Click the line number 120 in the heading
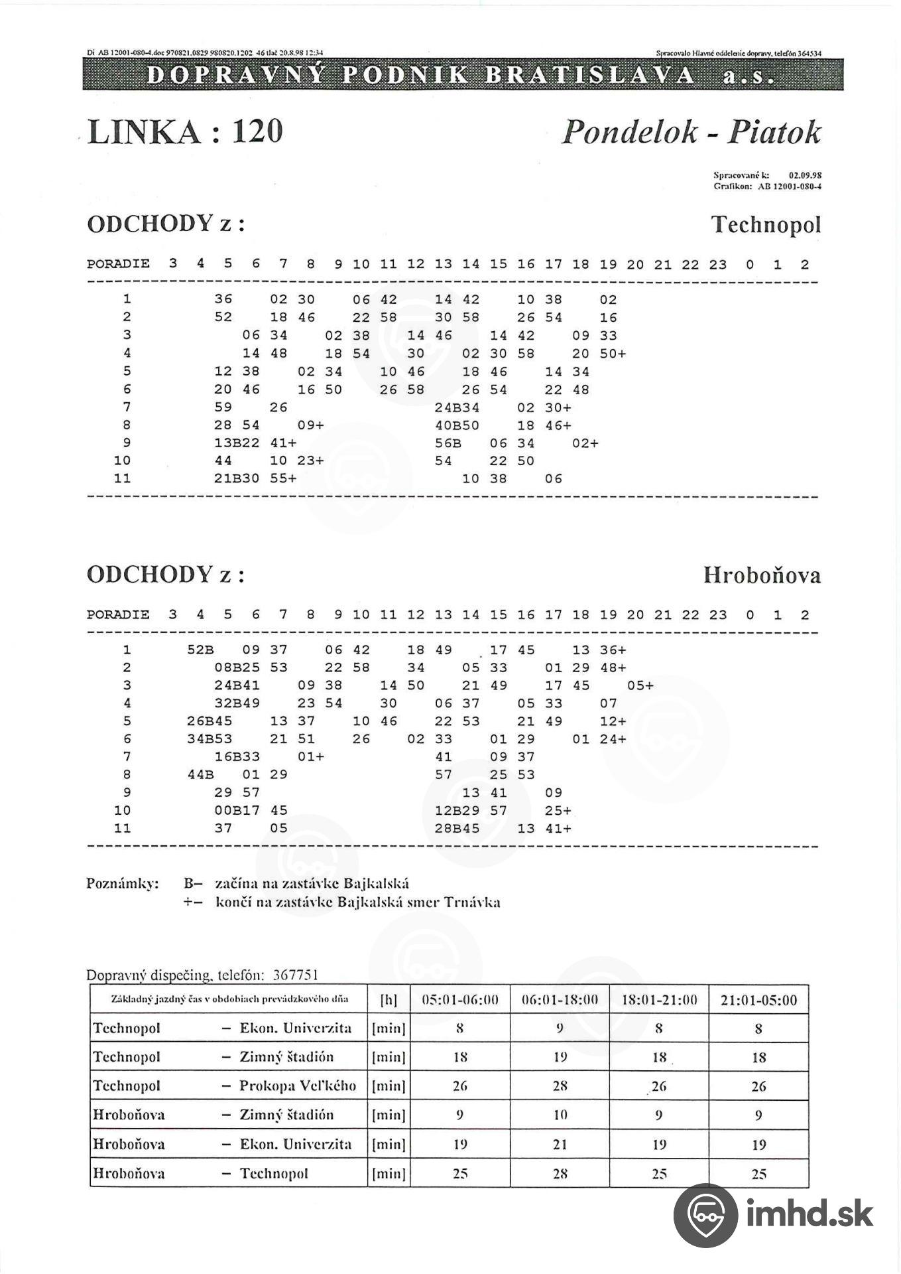click(x=257, y=131)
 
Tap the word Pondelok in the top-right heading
click(x=630, y=132)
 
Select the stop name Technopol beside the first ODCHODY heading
click(x=766, y=224)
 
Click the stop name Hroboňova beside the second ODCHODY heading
click(x=762, y=575)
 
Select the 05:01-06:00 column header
click(x=460, y=1000)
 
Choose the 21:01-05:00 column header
click(x=758, y=1000)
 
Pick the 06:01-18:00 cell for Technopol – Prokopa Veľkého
click(x=560, y=1086)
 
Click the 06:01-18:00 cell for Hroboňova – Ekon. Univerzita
click(x=560, y=1144)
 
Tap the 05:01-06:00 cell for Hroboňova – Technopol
click(x=460, y=1173)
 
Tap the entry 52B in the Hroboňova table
click(x=200, y=650)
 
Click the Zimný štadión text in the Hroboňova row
click(x=286, y=1115)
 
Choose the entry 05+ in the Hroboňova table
click(x=640, y=686)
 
